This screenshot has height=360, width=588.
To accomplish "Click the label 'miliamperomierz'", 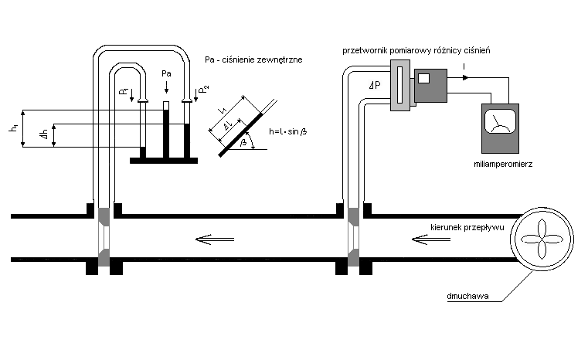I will (505, 165).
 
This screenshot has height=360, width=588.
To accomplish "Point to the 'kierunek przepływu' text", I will (468, 228).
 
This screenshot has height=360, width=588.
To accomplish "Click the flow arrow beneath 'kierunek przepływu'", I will (426, 239).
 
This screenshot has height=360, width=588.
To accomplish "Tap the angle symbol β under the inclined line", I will (244, 143).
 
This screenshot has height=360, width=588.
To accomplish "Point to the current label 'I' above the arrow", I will (464, 67).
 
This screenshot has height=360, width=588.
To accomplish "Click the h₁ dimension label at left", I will (13, 128).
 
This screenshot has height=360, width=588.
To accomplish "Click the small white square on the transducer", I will (423, 77).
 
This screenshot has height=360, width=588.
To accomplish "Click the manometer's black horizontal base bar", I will (163, 160).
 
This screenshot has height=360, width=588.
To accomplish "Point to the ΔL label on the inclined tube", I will (226, 126).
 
